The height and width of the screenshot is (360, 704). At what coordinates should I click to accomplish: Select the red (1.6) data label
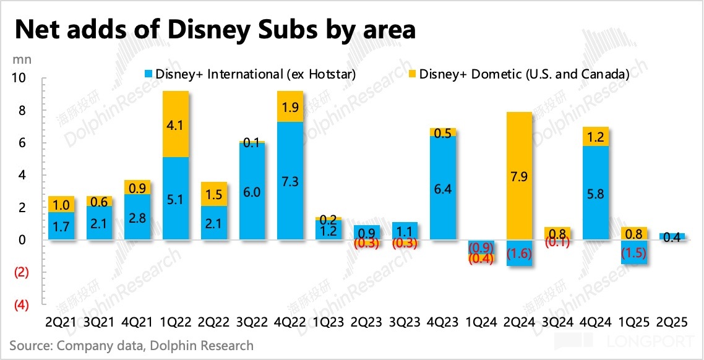pos(519,253)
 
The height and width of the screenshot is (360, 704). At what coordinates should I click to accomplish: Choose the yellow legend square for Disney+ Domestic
pos(411,75)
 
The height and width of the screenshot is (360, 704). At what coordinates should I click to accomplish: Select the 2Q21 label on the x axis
pos(61,323)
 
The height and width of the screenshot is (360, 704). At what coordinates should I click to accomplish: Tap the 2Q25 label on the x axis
pos(671,323)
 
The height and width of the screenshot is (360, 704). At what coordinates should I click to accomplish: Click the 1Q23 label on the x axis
pos(328,323)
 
